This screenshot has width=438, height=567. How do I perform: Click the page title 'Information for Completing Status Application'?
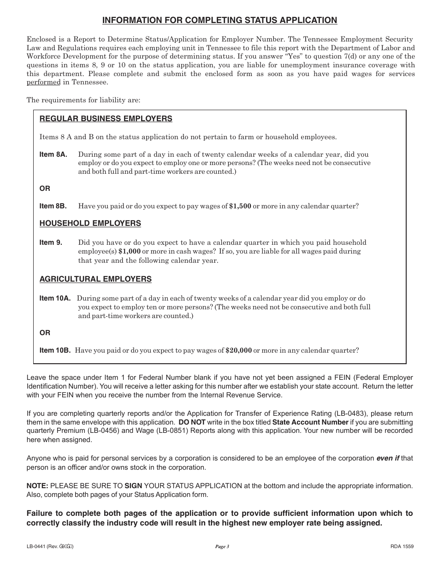219,20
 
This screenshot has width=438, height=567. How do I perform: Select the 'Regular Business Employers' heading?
106,119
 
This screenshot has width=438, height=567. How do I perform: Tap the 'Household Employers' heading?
90,224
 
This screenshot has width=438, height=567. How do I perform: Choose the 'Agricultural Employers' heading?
95,279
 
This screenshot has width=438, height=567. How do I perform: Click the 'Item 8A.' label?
53,155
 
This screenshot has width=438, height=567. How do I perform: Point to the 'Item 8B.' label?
53,207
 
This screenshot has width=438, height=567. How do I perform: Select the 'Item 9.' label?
51,243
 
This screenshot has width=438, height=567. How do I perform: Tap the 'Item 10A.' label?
55,299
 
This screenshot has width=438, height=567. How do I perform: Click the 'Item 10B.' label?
55,350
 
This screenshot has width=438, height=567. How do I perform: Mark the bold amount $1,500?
240,207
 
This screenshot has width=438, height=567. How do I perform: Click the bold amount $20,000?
238,350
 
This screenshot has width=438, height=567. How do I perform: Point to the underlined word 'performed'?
43,83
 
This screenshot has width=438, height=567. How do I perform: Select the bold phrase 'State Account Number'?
310,422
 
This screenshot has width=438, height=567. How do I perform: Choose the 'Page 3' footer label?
222,547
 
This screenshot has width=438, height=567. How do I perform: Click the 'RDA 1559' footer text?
402,547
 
